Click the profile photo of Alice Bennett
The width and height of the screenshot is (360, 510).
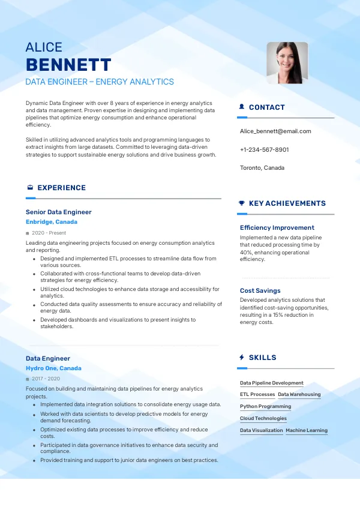287,62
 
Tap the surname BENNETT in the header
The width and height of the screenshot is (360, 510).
68,65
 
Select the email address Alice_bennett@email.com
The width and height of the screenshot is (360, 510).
275,131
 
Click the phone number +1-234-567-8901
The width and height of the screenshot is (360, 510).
264,149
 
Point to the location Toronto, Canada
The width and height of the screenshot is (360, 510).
262,168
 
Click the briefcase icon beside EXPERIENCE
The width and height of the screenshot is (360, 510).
30,188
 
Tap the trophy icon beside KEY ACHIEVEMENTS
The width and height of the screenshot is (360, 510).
241,203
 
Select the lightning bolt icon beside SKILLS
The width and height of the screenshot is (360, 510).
241,358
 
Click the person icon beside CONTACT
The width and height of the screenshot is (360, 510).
241,107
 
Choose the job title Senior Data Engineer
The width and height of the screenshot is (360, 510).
59,212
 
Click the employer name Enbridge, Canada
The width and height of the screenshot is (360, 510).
52,222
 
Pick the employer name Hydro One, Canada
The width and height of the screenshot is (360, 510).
53,368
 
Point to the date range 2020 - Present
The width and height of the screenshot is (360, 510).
49,233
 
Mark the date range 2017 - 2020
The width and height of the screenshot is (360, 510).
46,379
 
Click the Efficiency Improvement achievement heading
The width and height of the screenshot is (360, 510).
277,228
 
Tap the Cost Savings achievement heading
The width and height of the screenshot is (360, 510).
260,291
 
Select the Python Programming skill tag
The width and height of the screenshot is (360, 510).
265,407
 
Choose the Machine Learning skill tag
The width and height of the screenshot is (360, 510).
307,431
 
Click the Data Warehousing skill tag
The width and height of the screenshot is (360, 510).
299,395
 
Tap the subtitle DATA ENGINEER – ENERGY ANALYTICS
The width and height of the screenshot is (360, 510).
100,82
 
